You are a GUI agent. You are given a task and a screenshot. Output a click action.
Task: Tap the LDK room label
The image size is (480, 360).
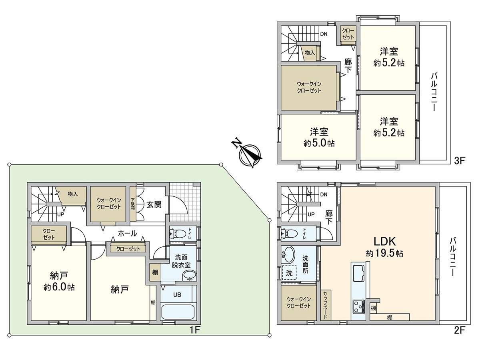coord(384,241)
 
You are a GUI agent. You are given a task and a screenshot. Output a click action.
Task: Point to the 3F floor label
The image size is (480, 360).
coord(460,161)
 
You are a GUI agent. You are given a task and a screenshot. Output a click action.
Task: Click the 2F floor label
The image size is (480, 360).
coord(460,330)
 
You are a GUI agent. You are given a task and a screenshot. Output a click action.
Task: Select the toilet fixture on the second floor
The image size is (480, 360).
coord(289,233)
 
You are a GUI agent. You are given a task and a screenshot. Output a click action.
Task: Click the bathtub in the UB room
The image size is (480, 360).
coord(178,312)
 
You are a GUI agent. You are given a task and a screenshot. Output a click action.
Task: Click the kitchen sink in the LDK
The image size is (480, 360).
coord(358,274)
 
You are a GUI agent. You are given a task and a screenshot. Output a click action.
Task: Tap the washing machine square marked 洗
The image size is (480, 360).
coord(289,273)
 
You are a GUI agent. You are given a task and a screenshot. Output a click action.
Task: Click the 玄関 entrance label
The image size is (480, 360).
coord(154,204)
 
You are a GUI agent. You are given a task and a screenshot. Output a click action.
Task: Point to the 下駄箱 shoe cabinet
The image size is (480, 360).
coord(133,204)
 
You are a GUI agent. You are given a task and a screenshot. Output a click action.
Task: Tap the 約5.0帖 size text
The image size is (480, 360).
coord(319,143)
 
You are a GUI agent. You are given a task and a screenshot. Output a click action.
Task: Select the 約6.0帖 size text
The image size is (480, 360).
coord(59,287)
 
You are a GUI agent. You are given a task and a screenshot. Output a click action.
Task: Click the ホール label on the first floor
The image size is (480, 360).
coord(127,233)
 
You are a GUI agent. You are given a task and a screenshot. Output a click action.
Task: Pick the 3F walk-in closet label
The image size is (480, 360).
coord(309,87)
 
